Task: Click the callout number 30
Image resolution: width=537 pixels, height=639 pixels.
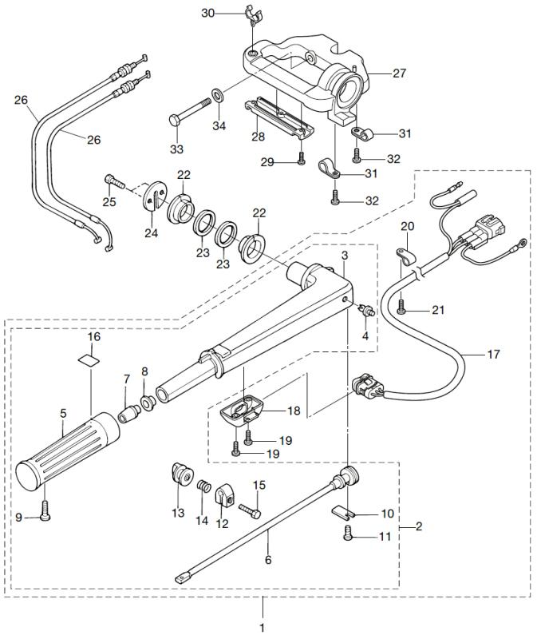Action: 207,13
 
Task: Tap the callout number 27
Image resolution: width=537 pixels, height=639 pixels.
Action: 400,73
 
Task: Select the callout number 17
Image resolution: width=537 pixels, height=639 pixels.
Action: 493,354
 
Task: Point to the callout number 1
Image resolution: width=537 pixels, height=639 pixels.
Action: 263,627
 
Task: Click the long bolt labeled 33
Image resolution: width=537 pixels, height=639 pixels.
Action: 189,110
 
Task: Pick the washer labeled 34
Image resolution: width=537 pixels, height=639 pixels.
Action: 218,95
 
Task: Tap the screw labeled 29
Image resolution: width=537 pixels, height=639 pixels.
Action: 302,157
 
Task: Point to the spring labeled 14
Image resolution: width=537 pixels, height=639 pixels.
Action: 204,486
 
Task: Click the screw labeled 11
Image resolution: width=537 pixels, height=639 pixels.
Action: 348,533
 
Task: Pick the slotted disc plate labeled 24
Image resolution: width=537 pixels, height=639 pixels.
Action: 156,194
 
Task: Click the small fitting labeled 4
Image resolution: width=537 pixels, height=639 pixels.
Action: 368,312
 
